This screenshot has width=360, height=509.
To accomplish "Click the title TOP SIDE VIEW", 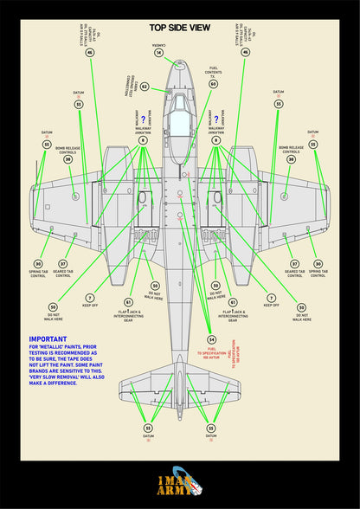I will (180, 28).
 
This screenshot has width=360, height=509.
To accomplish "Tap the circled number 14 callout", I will (158, 53).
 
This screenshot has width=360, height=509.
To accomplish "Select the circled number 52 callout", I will (145, 87).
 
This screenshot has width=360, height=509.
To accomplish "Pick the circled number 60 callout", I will (213, 84).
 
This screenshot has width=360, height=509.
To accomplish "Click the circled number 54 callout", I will (212, 339).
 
